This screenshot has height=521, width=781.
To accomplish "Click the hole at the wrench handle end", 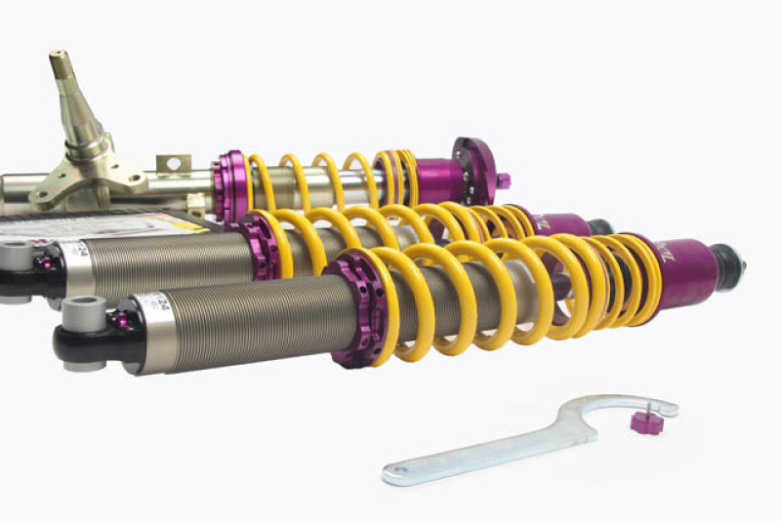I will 395,475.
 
